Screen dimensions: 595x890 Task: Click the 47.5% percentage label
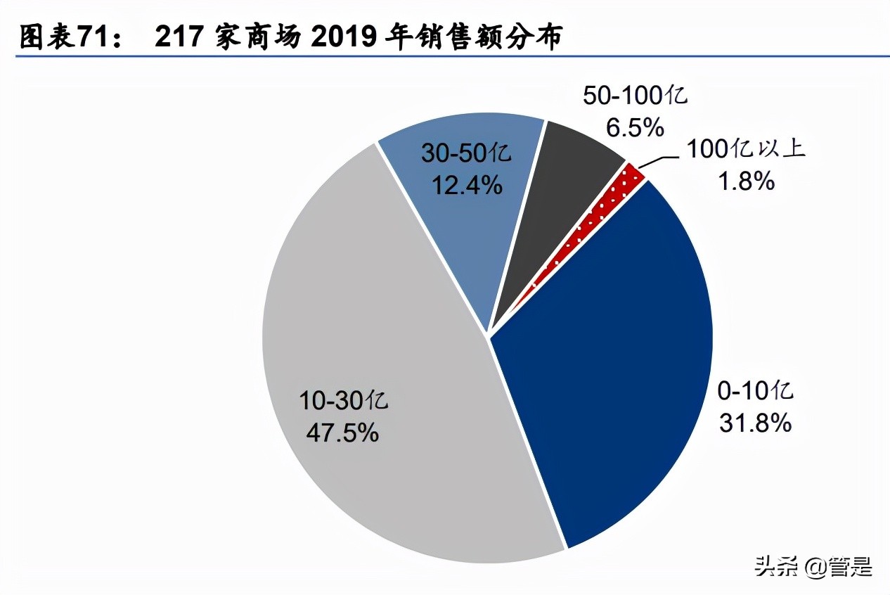click(x=342, y=432)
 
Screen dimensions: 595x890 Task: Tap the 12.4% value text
click(x=466, y=184)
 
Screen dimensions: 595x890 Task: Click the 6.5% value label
click(x=634, y=128)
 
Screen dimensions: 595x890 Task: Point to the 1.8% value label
click(x=746, y=182)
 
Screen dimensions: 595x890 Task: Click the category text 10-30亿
click(x=342, y=402)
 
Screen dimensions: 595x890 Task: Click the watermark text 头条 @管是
click(x=813, y=565)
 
